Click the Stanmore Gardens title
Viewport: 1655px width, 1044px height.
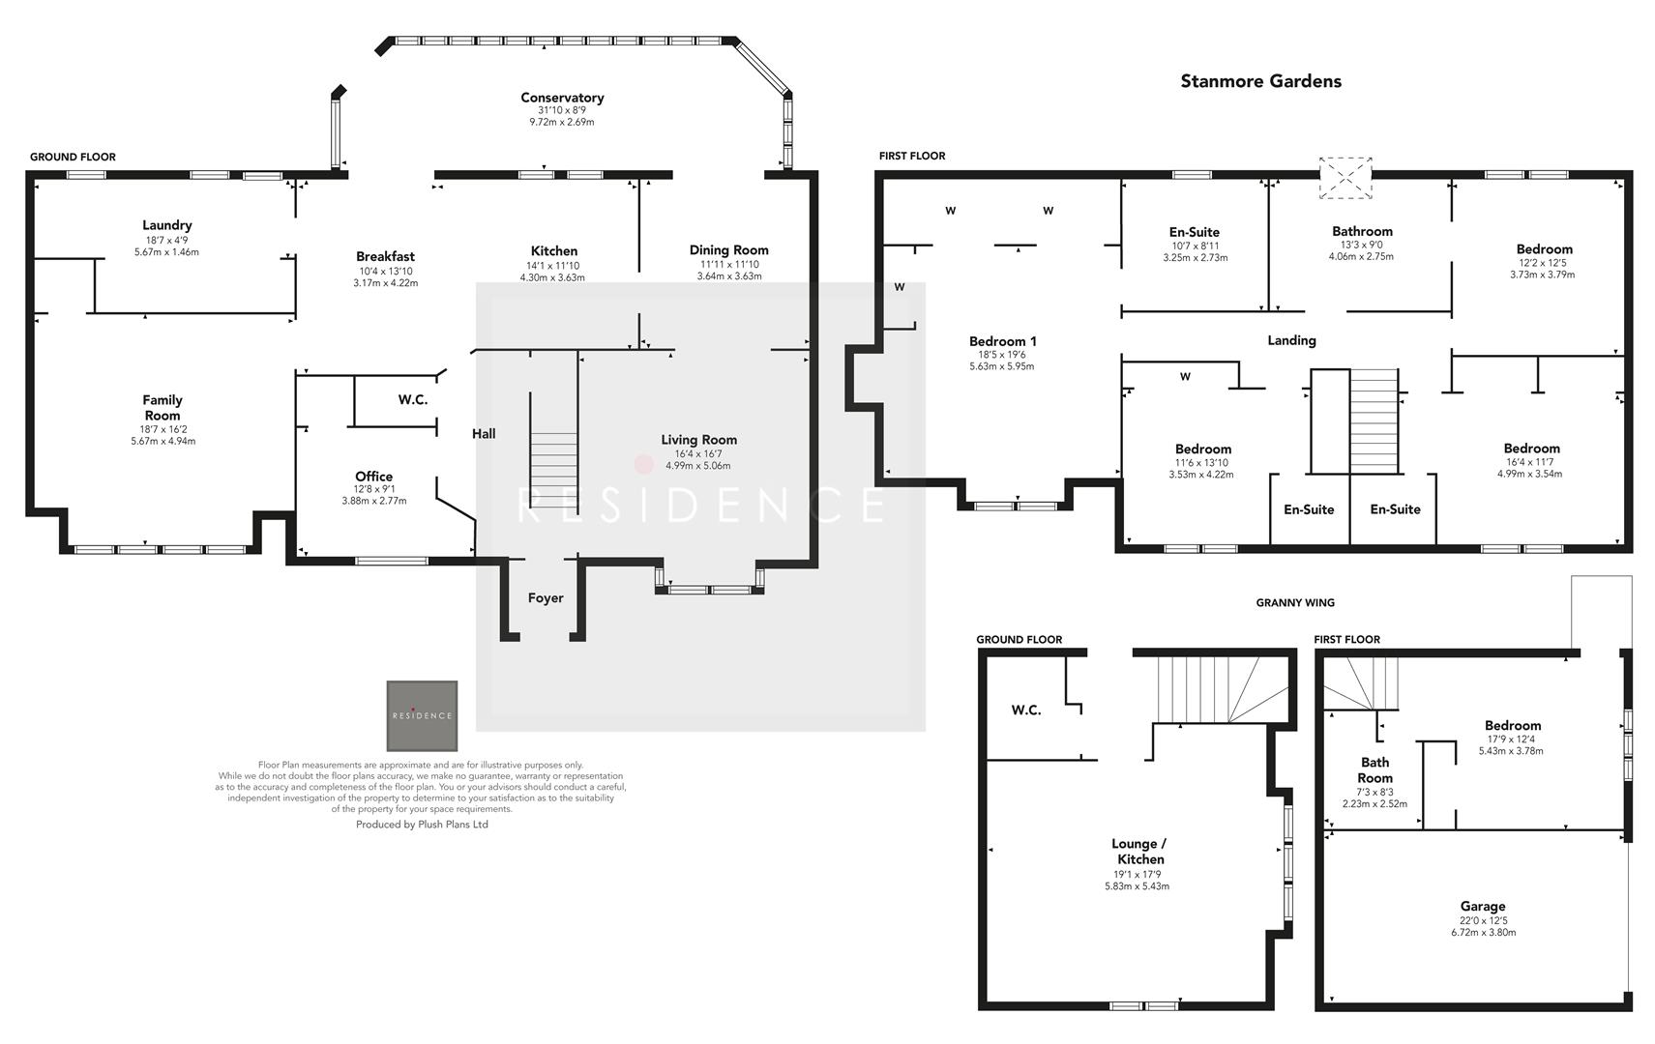[x=1260, y=81]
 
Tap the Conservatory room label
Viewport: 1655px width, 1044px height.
[x=562, y=98]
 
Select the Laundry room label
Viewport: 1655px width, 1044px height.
[x=166, y=225]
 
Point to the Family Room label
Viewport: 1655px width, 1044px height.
[x=163, y=407]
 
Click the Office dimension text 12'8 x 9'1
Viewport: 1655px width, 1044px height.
[x=373, y=489]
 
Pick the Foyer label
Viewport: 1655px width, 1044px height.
[x=546, y=598]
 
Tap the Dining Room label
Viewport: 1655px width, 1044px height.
[x=728, y=250]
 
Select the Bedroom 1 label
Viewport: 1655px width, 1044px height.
[x=1002, y=341]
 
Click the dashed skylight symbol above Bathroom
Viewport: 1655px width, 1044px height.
[x=1346, y=178]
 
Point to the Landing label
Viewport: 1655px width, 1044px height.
[x=1291, y=340]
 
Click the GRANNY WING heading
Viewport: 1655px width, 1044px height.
[x=1294, y=602]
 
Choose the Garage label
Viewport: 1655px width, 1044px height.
[x=1482, y=906]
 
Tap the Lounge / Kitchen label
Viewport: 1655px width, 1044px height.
[x=1138, y=851]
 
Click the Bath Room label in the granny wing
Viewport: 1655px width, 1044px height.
[x=1374, y=770]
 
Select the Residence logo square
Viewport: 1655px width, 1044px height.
[x=422, y=716]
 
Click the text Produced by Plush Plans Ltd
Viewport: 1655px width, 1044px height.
[x=422, y=825]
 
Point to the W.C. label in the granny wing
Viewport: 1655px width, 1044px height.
[x=1025, y=710]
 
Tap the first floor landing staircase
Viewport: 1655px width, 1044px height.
[x=1374, y=421]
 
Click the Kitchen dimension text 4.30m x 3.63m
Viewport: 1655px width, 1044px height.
[x=552, y=277]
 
